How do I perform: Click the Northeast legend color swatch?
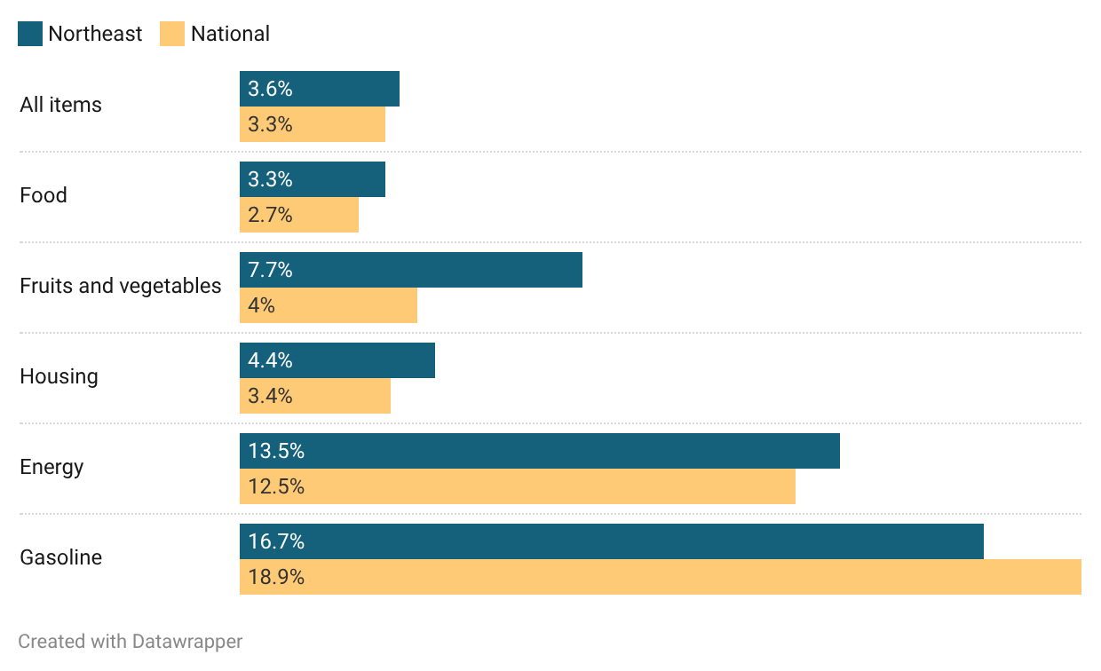pyautogui.click(x=30, y=35)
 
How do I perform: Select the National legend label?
pyautogui.click(x=230, y=35)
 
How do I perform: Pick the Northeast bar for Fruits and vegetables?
pyautogui.click(x=410, y=270)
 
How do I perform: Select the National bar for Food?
pyautogui.click(x=299, y=215)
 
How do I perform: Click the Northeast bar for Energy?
pyautogui.click(x=539, y=451)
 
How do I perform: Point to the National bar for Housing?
pyautogui.click(x=315, y=396)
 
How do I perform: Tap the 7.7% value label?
pyautogui.click(x=270, y=270)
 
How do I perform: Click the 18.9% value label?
pyautogui.click(x=276, y=577)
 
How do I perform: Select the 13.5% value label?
pyautogui.click(x=276, y=451)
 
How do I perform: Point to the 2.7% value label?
pyautogui.click(x=270, y=215)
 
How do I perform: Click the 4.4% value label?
pyautogui.click(x=270, y=360)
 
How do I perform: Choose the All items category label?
pyautogui.click(x=60, y=105)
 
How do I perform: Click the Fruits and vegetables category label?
pyautogui.click(x=121, y=286)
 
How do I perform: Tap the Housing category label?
pyautogui.click(x=59, y=376)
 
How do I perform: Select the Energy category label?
pyautogui.click(x=51, y=467)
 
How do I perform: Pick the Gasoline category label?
pyautogui.click(x=60, y=557)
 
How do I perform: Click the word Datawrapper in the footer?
pyautogui.click(x=187, y=641)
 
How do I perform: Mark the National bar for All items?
pyautogui.click(x=313, y=124)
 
